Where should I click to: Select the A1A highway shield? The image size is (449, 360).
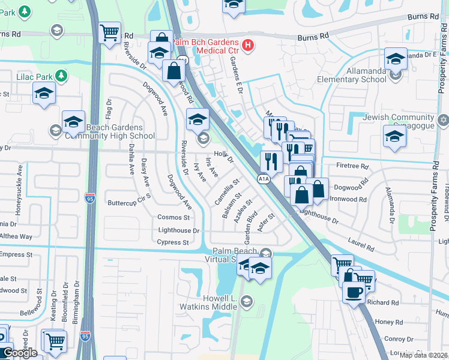point(263,179)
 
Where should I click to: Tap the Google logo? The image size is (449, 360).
point(20,353)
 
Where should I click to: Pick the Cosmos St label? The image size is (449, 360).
point(173,217)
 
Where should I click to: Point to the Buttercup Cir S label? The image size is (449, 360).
point(129,203)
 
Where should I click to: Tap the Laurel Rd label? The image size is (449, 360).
point(361,244)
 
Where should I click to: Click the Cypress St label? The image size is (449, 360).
point(173,243)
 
